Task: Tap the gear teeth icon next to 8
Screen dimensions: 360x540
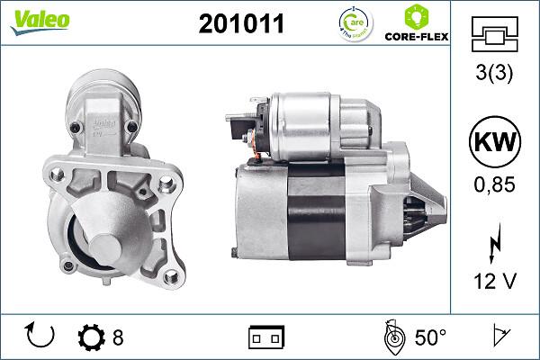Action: pyautogui.click(x=91, y=338)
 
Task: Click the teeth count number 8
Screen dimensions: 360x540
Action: pyautogui.click(x=118, y=338)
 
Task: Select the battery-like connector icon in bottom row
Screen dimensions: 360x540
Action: pyautogui.click(x=265, y=338)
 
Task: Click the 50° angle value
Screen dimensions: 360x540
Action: pyautogui.click(x=430, y=338)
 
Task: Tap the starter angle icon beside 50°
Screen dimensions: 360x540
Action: pyautogui.click(x=392, y=337)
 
